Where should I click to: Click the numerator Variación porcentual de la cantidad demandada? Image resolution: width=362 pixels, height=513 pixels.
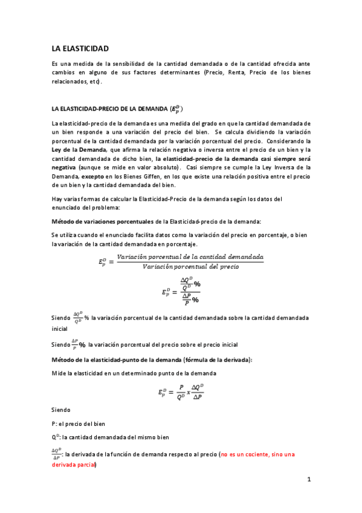[190, 257]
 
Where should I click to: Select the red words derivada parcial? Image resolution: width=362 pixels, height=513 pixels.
[73, 465]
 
